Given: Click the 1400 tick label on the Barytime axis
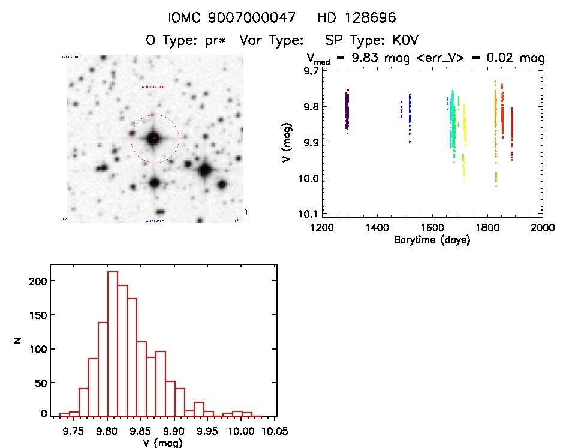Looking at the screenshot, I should [377, 228].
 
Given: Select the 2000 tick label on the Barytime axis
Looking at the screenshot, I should [542, 228].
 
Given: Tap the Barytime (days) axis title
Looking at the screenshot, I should [432, 240].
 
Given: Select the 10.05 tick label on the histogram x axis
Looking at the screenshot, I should [275, 431].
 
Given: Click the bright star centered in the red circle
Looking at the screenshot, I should [155, 137].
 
